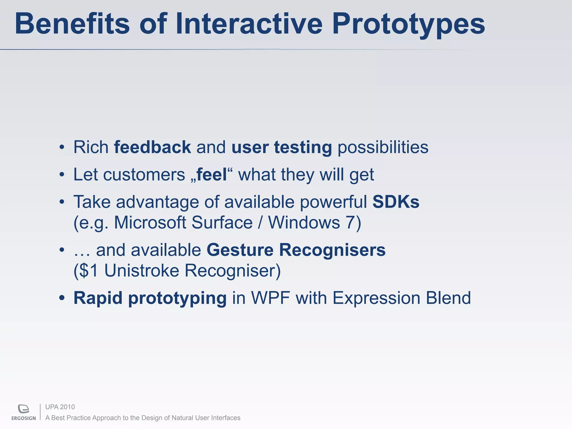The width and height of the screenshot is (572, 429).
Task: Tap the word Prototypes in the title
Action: point(408,25)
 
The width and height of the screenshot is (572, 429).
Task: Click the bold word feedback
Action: point(152,147)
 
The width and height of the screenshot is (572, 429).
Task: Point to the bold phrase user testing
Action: point(282,147)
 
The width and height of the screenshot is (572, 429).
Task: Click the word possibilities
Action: point(383,147)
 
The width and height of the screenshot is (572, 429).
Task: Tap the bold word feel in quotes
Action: point(211,175)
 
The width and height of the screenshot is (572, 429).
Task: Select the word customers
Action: point(144,175)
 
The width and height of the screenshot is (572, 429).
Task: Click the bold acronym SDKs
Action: point(395,202)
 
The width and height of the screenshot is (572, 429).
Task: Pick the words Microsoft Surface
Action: point(183,223)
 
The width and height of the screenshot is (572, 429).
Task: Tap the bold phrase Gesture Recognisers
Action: point(296,250)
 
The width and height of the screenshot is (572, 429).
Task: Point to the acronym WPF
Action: point(270,298)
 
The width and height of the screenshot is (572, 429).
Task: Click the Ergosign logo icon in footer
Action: point(23,409)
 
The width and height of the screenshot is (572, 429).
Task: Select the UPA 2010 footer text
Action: point(60,407)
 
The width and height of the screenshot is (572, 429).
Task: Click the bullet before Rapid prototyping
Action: point(62,298)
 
